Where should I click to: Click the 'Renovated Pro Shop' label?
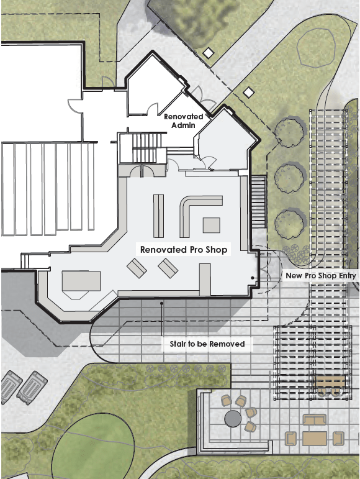184,250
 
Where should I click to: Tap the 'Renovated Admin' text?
183,121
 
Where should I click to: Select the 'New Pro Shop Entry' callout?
321,276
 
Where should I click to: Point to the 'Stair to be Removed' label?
207,344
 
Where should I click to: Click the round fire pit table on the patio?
233,419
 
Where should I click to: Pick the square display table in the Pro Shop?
212,225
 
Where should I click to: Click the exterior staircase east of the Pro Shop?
259,201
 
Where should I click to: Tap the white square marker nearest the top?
209,53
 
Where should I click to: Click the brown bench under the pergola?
330,382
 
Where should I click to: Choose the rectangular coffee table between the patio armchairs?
315,439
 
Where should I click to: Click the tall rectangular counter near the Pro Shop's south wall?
205,280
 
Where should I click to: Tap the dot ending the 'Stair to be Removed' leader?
162,303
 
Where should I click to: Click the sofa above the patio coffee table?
315,420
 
